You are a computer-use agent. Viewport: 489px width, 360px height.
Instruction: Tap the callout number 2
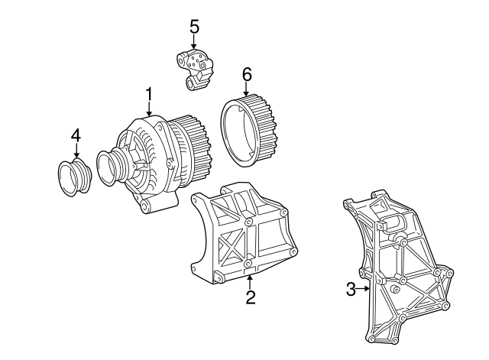251,297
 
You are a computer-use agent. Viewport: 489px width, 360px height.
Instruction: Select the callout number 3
351,289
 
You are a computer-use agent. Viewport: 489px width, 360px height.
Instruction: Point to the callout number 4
76,135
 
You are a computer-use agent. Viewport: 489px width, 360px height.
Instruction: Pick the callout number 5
194,27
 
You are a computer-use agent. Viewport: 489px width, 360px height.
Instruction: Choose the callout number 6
246,75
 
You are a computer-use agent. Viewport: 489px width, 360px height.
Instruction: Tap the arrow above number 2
250,282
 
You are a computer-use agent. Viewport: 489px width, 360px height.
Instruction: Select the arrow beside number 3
364,289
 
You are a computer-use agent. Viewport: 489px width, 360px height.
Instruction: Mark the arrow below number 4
76,151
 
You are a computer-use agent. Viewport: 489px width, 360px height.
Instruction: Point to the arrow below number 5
194,41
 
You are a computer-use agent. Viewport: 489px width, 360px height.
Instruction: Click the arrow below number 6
246,89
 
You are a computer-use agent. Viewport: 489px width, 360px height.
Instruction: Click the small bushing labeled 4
75,177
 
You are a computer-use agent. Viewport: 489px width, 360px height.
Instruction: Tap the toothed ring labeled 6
249,131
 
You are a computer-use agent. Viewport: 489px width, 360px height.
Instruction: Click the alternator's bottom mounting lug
159,205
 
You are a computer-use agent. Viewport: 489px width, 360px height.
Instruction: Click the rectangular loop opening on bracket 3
396,223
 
